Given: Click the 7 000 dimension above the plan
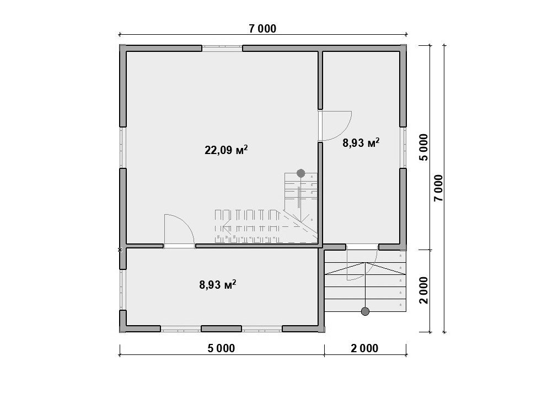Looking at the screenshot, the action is click(262, 29).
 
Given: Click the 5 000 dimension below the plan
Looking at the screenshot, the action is click(221, 348).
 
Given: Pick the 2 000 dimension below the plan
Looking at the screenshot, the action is click(365, 348).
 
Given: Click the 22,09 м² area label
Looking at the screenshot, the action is click(226, 150).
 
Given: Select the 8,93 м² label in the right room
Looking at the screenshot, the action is click(361, 142).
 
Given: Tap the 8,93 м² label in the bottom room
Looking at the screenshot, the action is click(217, 284).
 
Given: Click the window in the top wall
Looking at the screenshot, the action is click(222, 48).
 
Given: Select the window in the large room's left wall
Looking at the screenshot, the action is click(122, 147).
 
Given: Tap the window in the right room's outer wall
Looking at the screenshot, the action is click(404, 147).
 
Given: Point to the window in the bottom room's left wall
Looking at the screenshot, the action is click(122, 290).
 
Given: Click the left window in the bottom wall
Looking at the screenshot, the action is click(181, 329).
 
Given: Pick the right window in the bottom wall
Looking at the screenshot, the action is click(262, 329).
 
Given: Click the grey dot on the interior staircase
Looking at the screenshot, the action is click(300, 173).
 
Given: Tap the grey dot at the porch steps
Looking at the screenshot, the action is click(366, 311).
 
